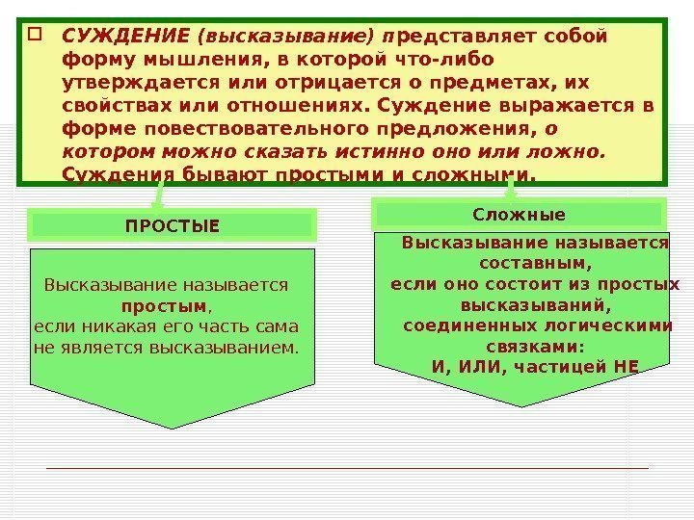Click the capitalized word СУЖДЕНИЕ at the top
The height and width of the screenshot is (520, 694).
coord(124,36)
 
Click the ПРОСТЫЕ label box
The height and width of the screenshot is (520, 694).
coord(173,226)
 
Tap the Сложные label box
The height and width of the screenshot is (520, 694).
coord(520,214)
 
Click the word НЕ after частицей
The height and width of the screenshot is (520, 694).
coord(626,367)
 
